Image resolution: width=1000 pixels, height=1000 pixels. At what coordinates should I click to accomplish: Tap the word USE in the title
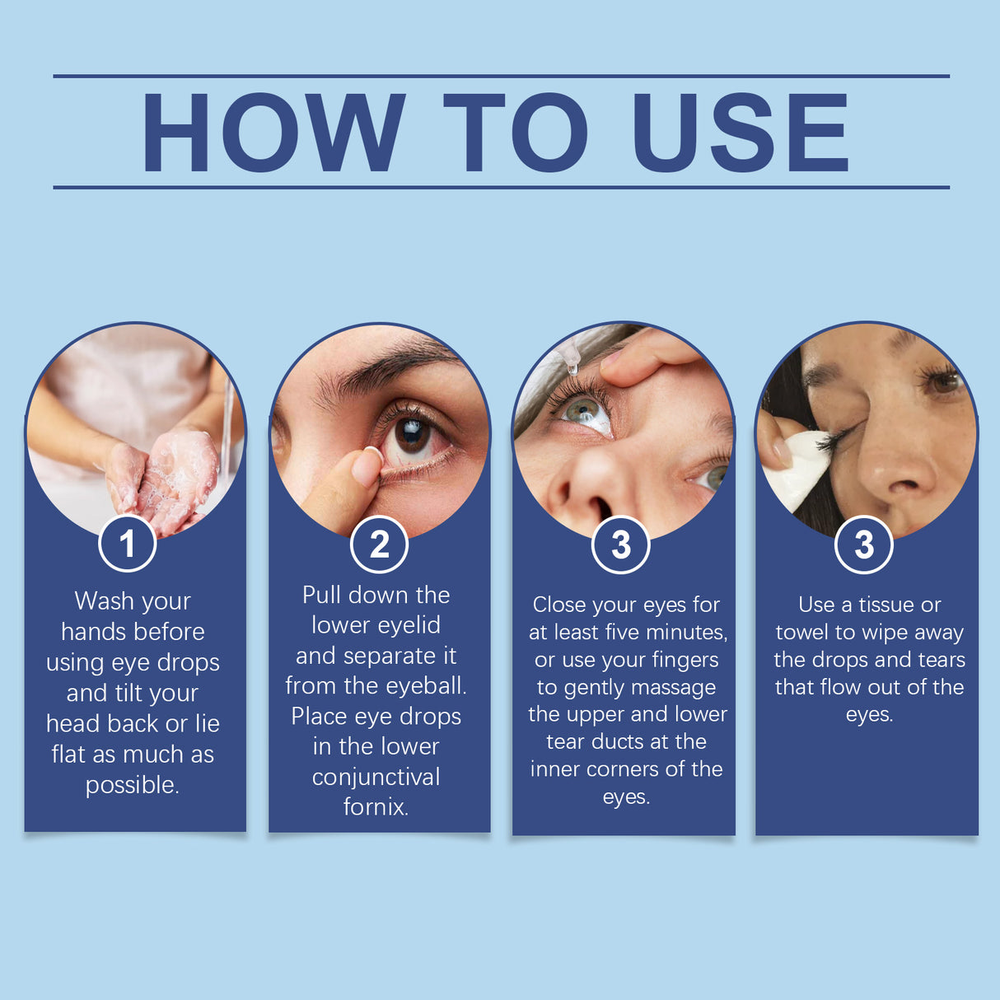(x=739, y=132)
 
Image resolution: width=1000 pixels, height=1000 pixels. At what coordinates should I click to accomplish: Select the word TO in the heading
(x=515, y=132)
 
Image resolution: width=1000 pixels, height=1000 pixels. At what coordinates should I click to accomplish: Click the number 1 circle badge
(x=128, y=544)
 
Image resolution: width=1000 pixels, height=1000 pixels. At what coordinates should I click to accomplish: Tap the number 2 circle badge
(x=379, y=544)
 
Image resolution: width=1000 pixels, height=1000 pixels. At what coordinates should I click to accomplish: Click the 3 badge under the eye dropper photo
(x=621, y=544)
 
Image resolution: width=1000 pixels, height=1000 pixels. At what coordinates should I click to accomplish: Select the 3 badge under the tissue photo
(x=863, y=544)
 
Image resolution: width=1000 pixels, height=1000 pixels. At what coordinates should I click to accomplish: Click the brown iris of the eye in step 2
(x=412, y=434)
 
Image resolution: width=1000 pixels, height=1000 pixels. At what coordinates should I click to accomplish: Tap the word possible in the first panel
(x=132, y=785)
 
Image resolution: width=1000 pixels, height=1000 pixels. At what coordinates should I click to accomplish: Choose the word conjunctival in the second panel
(x=376, y=777)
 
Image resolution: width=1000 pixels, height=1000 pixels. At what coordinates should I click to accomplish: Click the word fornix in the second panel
(x=376, y=806)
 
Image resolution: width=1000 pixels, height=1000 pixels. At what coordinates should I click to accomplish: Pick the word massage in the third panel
(x=676, y=687)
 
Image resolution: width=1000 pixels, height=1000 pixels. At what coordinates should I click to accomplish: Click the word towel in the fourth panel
(x=802, y=633)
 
